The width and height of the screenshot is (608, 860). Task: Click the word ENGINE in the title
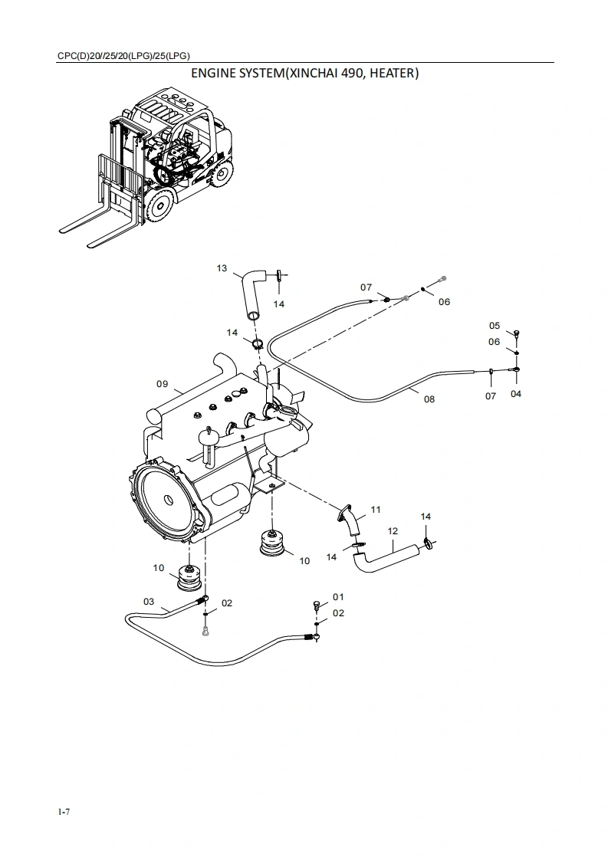tap(217, 74)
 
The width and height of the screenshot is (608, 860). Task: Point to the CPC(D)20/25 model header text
tap(123, 55)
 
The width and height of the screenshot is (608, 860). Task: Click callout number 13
tap(222, 268)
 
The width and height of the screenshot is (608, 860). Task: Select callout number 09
tap(162, 384)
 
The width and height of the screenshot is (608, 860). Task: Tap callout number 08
tap(429, 399)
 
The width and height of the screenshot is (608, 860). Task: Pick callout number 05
tap(495, 326)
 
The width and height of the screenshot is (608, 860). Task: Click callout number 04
tap(516, 393)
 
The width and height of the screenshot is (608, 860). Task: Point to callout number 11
tap(376, 509)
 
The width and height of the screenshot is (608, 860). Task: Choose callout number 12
tap(393, 530)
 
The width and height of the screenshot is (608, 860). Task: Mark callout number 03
tap(149, 602)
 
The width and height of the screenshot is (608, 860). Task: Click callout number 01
tap(338, 596)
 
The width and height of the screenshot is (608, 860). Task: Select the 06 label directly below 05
tap(495, 342)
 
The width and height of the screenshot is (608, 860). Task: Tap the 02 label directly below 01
tap(338, 612)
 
